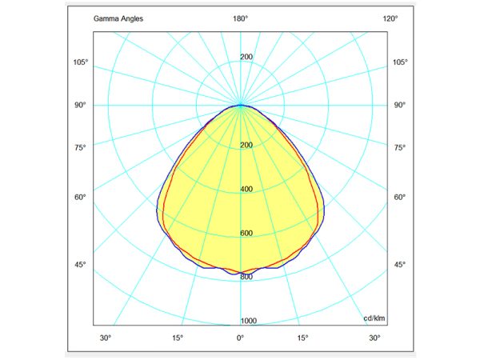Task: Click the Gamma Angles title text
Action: [118, 18]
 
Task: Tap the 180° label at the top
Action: [240, 18]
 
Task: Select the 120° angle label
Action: [390, 18]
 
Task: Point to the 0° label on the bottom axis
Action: [240, 338]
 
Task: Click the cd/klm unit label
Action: [374, 318]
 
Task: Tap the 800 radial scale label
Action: [246, 277]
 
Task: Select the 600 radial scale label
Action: [246, 233]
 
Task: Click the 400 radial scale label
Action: [246, 189]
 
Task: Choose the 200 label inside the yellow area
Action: [246, 145]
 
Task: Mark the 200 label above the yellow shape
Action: [246, 57]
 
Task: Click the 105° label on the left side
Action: [80, 62]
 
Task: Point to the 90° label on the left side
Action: [80, 105]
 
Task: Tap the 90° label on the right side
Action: [400, 105]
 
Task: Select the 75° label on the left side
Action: [80, 147]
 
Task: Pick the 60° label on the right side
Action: [400, 197]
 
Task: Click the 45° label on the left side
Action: [80, 265]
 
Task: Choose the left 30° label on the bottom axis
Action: [106, 338]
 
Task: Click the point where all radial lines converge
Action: [240, 105]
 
